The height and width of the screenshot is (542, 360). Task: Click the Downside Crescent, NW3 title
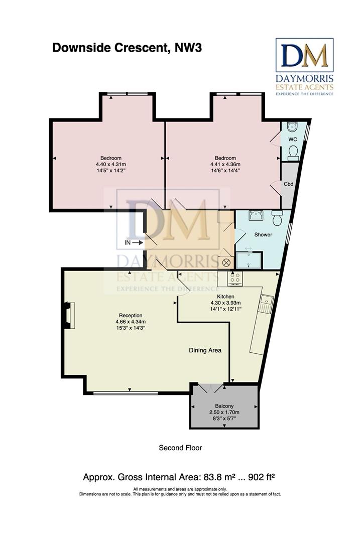[127, 48]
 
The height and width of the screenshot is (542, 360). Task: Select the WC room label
[293, 140]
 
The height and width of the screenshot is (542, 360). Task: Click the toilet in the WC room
[293, 153]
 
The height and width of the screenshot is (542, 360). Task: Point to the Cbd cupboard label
[288, 184]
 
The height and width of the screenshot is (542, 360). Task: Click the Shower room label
[263, 234]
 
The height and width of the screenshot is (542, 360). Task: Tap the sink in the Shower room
[256, 216]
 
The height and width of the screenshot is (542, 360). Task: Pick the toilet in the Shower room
[277, 217]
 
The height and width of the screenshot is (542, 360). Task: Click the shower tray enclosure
[249, 260]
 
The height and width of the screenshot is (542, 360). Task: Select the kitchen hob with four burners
[235, 278]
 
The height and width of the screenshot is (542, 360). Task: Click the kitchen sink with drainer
[266, 304]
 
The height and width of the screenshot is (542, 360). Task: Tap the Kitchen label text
[225, 296]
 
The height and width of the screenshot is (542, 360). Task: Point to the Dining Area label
[205, 350]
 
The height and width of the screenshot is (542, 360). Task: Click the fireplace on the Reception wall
[68, 315]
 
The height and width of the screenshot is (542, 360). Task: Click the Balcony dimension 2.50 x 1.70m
[224, 412]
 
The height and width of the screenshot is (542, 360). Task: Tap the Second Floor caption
[180, 448]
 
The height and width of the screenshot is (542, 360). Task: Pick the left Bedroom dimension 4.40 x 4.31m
[111, 164]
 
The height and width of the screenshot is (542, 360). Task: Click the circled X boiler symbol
[226, 262]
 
